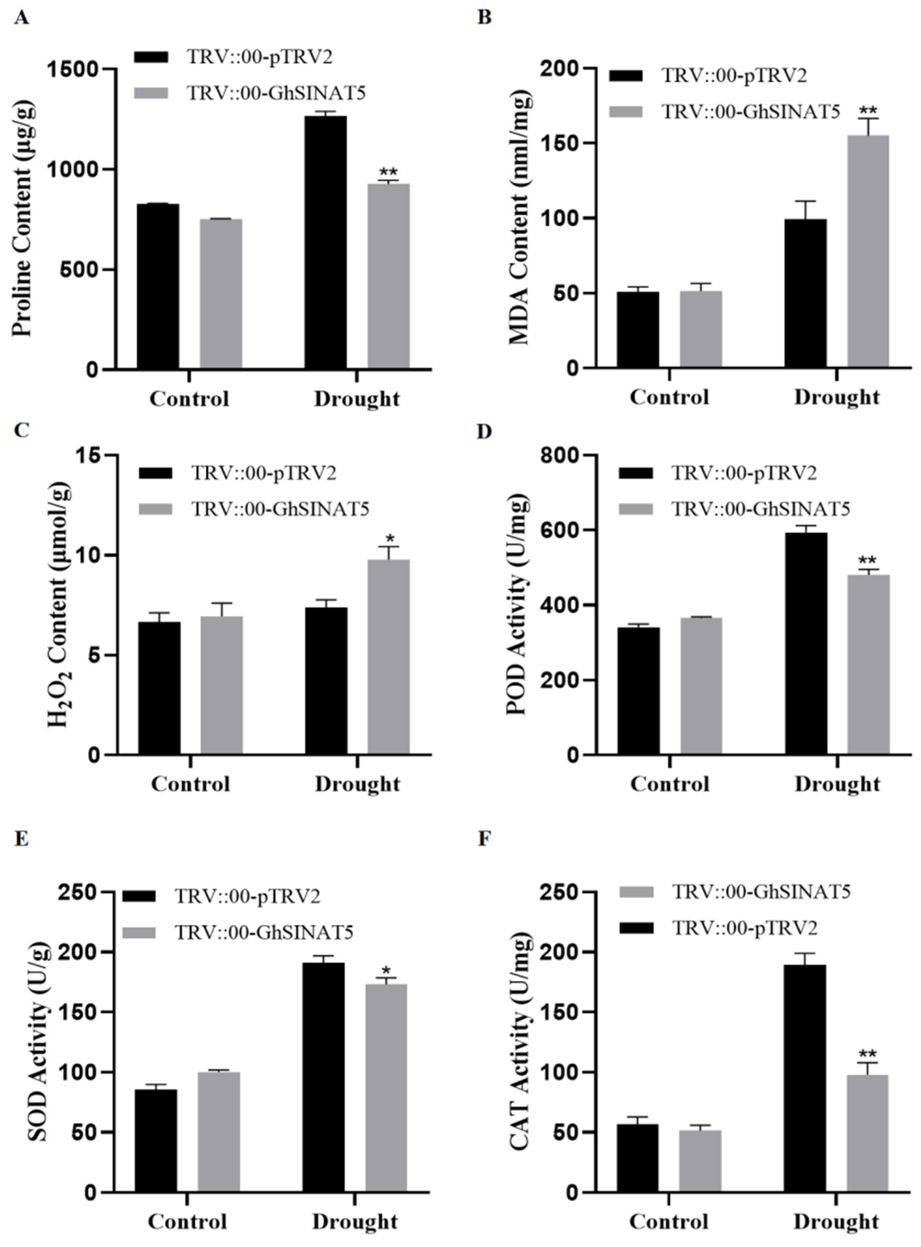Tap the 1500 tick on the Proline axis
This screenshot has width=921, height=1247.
[x=81, y=69]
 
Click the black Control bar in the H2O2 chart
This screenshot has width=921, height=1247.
[x=159, y=689]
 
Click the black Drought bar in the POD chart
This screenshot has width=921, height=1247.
[x=806, y=644]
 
